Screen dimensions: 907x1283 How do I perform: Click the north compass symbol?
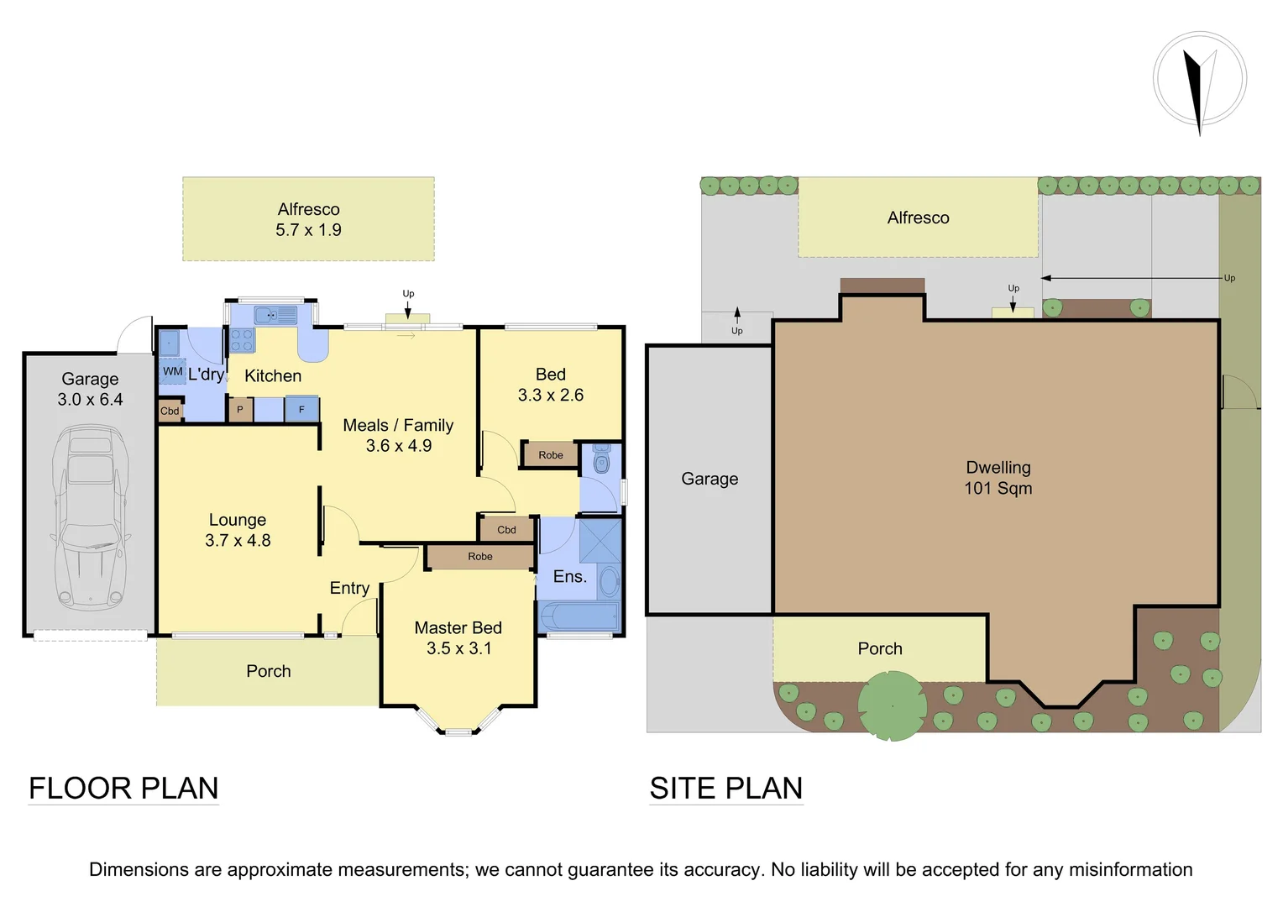coord(1199,81)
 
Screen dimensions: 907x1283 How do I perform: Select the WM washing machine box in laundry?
coord(172,371)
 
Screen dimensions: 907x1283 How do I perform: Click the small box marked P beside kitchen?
coord(240,410)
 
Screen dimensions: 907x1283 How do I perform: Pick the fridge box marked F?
coord(301,410)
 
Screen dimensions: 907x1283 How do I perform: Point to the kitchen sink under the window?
coord(276,315)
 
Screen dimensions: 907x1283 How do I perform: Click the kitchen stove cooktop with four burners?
coord(242,340)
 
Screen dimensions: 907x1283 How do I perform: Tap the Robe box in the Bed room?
coord(550,455)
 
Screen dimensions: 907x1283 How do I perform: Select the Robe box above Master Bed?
coord(480,557)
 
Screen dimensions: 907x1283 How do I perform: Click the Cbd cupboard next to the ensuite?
coord(506,530)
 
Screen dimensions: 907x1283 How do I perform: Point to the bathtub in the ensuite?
coord(579,617)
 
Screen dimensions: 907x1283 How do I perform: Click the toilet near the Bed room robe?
coord(601,461)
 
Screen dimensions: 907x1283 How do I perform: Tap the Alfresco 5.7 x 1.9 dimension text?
coord(308,230)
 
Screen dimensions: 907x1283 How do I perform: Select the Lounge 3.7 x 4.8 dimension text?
coord(238,541)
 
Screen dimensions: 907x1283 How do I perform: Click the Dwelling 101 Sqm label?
coord(998,478)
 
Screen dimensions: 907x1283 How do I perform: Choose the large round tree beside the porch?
coord(892,705)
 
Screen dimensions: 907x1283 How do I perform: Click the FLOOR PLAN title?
coord(123,789)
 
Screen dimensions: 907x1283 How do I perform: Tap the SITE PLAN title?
coord(726,789)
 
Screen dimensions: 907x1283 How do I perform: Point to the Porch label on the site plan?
coord(879,648)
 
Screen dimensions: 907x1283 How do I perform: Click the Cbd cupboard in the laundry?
coord(170,411)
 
